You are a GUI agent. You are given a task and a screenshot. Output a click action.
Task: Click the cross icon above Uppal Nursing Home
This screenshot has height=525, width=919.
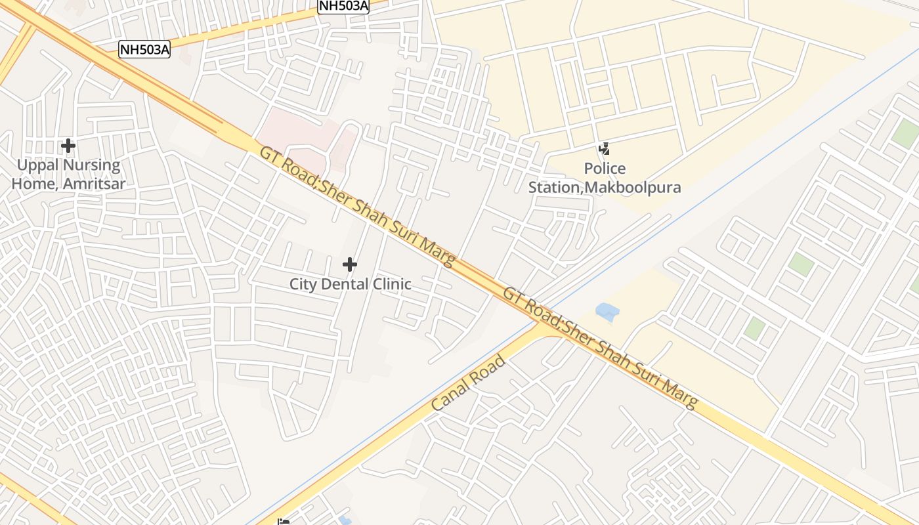point(68,145)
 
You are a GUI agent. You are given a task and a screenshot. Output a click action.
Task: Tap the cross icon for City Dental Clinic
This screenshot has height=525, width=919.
point(350,264)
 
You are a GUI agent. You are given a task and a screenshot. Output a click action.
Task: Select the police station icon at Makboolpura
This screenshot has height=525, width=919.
point(604,149)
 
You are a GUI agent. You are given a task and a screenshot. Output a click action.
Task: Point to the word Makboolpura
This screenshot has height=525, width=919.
point(633,188)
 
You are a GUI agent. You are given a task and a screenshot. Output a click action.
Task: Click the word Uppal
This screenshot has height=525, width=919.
point(37,165)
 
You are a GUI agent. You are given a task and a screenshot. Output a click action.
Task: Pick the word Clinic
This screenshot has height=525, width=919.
point(393,285)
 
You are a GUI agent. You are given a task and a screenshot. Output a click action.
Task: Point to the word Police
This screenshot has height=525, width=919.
point(605,169)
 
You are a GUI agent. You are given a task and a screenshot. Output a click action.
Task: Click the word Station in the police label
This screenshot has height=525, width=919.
point(554,188)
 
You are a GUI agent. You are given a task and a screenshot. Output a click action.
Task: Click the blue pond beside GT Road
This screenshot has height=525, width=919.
point(607,312)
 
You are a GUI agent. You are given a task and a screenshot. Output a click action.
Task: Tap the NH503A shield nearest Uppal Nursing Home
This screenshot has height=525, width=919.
point(144,49)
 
